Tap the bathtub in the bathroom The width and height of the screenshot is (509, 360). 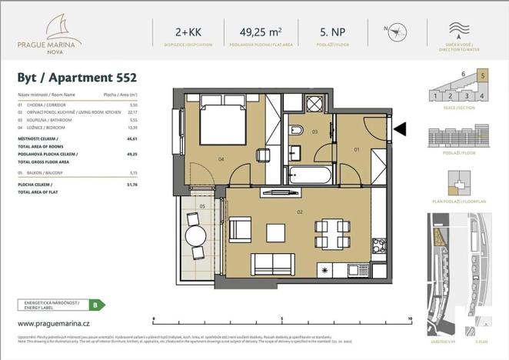point(310,176)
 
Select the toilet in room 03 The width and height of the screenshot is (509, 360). point(297,131)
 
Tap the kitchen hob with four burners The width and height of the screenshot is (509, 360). point(379,246)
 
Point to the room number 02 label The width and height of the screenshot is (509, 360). point(299,212)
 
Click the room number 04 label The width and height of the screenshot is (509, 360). point(221,160)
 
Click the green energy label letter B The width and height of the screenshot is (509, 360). point(94,305)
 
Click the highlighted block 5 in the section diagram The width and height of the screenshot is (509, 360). point(482,75)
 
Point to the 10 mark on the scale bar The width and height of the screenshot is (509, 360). point(411,318)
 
